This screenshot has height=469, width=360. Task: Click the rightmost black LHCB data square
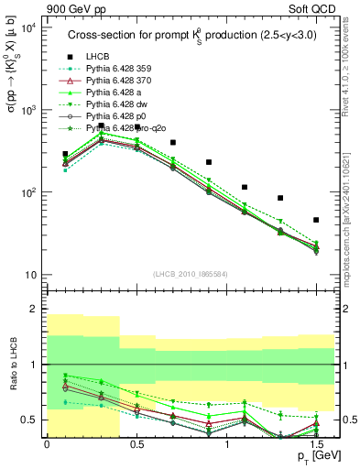(x=316, y=220)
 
